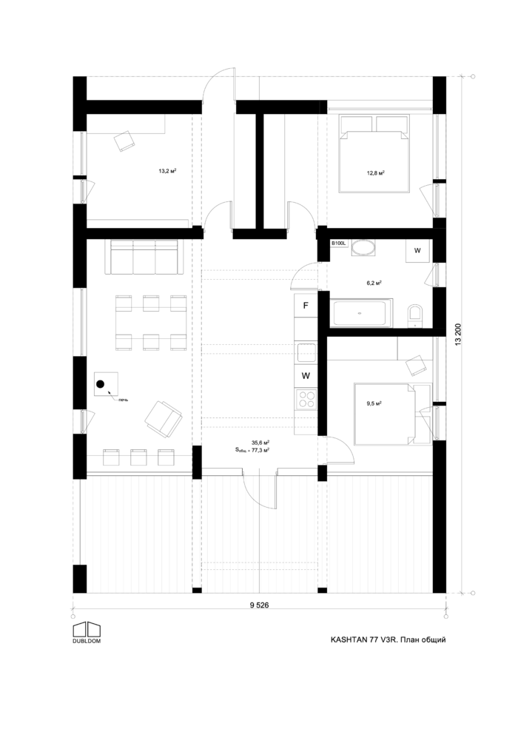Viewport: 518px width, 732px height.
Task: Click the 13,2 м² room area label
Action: [x=166, y=171]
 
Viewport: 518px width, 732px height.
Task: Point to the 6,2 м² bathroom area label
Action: [x=374, y=283]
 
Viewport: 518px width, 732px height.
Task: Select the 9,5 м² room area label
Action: [x=373, y=404]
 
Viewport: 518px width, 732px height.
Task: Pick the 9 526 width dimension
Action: [x=259, y=605]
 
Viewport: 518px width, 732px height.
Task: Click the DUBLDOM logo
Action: [x=87, y=631]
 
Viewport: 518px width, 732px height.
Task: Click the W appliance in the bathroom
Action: [x=417, y=251]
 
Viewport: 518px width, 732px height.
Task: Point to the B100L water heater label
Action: [x=338, y=243]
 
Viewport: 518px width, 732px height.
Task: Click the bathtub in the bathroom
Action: [x=362, y=313]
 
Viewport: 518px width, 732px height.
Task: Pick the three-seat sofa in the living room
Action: [x=144, y=256]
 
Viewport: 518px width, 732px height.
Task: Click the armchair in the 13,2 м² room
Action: [x=123, y=140]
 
